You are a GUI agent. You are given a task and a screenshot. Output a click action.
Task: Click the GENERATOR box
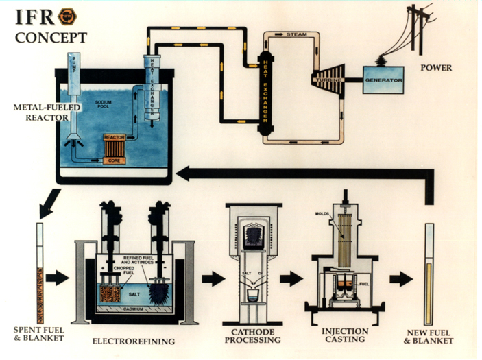(383, 80)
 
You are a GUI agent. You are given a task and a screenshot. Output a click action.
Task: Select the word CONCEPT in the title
(51, 37)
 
